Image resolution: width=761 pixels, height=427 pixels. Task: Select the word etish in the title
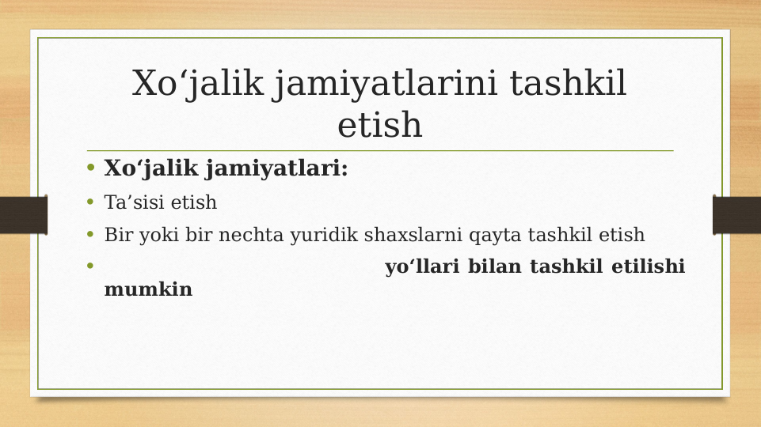point(380,125)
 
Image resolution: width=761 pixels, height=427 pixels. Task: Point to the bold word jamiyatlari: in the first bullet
point(276,169)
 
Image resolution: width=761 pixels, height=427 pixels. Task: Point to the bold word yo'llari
point(423,267)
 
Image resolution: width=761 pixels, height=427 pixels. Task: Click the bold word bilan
point(495,267)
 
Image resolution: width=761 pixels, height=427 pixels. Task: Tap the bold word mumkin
point(148,289)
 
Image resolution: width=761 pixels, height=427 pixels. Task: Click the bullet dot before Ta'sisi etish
point(90,202)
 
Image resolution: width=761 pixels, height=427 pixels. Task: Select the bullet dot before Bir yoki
point(90,235)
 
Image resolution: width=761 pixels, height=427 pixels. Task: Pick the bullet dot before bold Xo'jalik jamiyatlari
point(90,168)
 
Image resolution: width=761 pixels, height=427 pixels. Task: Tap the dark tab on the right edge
point(736,215)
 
